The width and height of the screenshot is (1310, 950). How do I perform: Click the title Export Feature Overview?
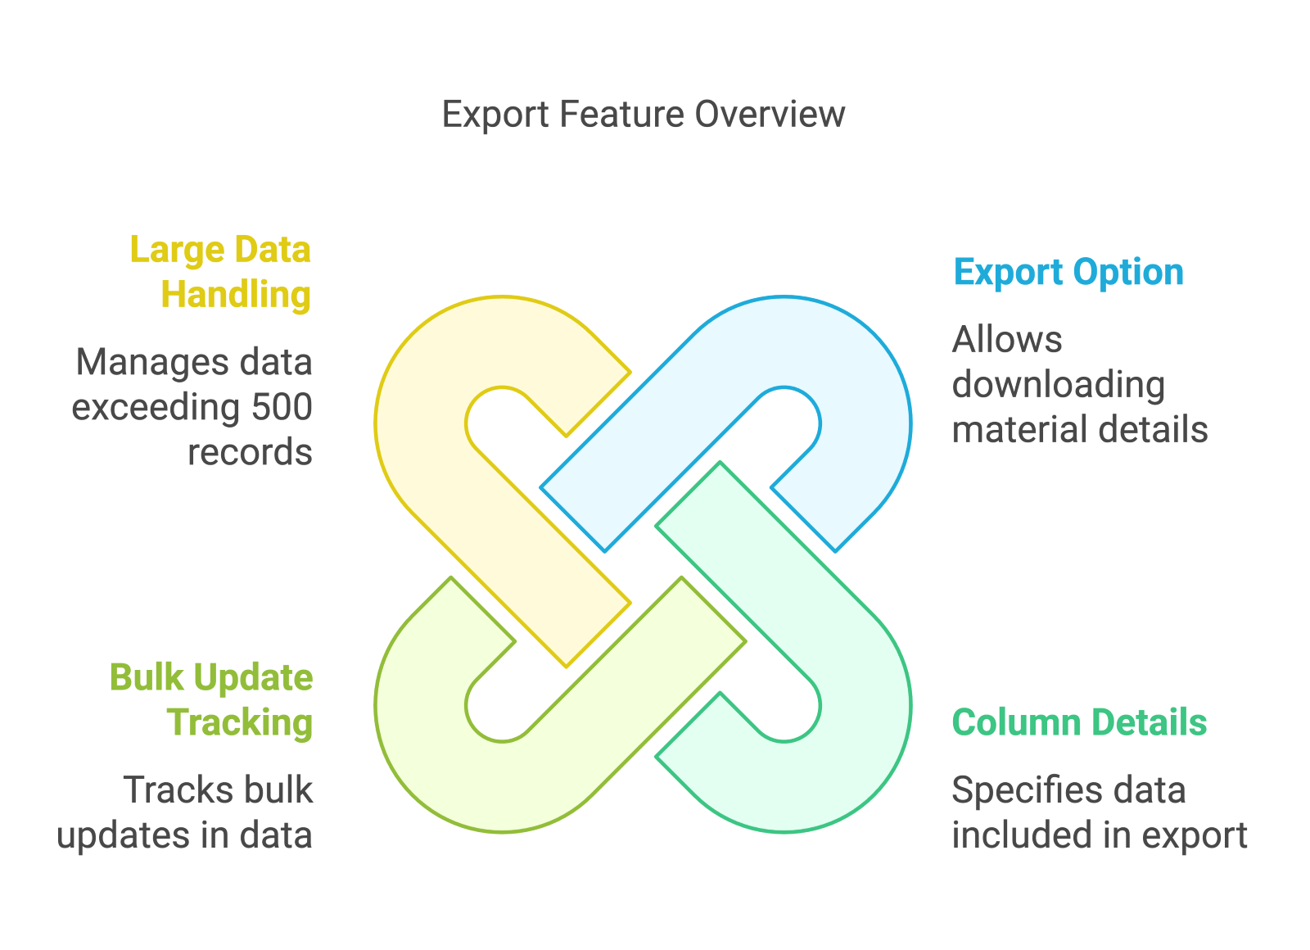click(x=643, y=114)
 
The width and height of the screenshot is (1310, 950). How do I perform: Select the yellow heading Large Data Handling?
click(x=221, y=272)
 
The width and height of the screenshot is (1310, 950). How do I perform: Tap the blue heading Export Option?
click(x=1068, y=272)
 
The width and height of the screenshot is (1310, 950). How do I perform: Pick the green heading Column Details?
click(x=1079, y=722)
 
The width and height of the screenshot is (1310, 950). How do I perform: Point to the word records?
click(x=250, y=452)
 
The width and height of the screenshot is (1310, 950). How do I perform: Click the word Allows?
click(x=1007, y=340)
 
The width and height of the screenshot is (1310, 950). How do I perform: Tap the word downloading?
click(x=1058, y=385)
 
